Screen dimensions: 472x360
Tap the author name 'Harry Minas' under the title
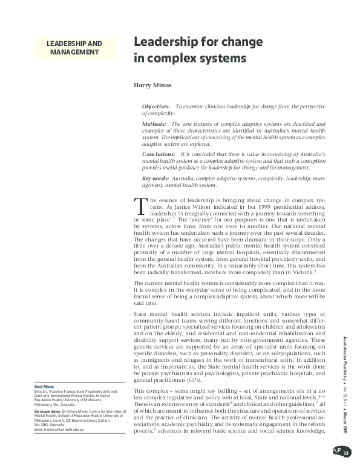click(x=152, y=86)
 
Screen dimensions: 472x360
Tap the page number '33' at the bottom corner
click(x=345, y=454)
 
